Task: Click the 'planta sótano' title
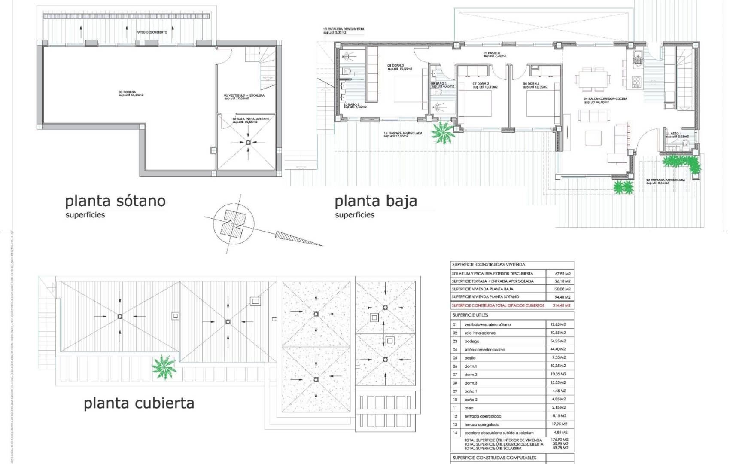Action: (115, 201)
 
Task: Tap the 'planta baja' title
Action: (376, 201)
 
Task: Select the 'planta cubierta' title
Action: (139, 403)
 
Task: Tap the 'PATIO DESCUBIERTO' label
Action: (152, 32)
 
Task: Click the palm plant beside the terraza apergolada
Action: (443, 132)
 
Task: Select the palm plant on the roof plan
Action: (164, 367)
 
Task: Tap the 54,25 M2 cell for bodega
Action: (558, 341)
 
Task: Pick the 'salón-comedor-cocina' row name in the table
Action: (484, 349)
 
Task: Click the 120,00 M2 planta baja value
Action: (561, 289)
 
